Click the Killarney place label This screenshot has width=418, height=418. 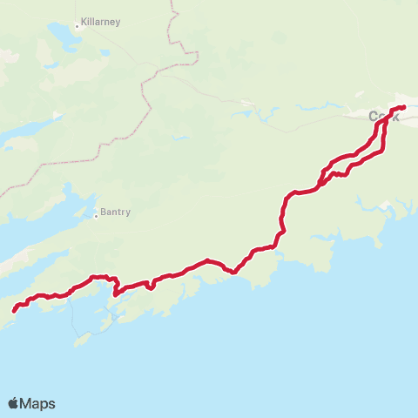101,20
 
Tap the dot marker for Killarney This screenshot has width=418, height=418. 78,26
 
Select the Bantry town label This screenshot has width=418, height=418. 115,210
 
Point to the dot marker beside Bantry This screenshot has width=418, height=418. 96,215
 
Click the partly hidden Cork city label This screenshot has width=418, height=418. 380,116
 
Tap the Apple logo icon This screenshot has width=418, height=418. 13,403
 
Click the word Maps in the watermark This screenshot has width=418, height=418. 39,403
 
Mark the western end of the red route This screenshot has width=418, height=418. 15,308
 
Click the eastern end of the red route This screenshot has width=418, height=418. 403,107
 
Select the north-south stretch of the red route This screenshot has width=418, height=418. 282,213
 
